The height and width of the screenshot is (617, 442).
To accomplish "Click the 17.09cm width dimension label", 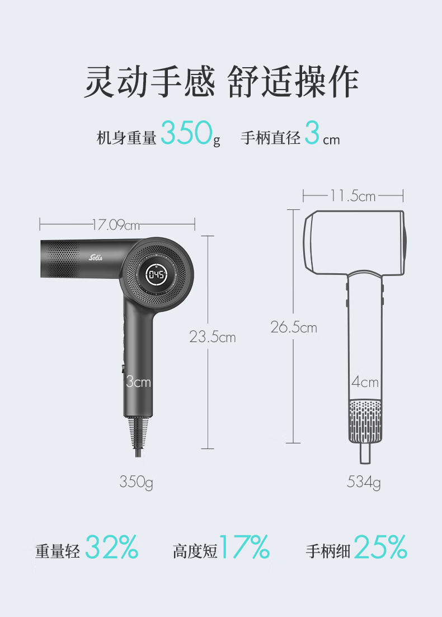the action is [x=116, y=225].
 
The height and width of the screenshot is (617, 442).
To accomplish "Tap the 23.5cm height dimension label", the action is [x=213, y=337].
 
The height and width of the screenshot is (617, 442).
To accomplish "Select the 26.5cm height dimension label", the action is [x=294, y=327].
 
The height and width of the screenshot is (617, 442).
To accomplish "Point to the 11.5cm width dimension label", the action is [x=352, y=195].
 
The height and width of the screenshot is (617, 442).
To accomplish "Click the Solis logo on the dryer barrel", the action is [x=96, y=258].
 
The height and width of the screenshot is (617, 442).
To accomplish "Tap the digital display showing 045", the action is [x=157, y=274].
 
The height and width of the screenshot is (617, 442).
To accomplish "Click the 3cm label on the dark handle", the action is [x=138, y=381].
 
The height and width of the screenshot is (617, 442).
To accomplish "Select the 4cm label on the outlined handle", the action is [x=365, y=382].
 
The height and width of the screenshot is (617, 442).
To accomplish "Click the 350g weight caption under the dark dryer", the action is [x=136, y=482].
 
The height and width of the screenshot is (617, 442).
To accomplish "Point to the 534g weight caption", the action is [x=364, y=482].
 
